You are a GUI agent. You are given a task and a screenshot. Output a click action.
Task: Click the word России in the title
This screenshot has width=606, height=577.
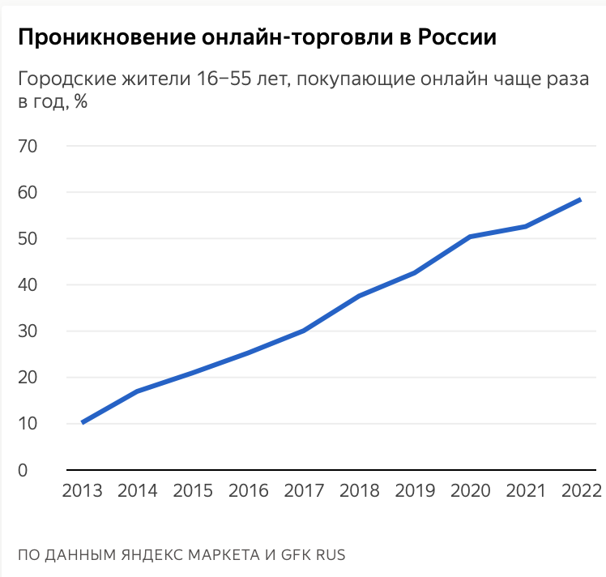point(456,37)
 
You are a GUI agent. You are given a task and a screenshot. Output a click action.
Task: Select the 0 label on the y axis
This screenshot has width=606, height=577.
point(23,470)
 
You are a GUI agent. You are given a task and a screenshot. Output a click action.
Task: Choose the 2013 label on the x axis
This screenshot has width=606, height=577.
point(83,491)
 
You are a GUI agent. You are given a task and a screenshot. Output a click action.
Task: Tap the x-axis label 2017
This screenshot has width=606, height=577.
point(304,491)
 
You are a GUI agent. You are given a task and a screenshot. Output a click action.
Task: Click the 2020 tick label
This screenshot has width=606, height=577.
point(470,491)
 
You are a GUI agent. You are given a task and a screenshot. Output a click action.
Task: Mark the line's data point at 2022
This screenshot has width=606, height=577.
point(580,199)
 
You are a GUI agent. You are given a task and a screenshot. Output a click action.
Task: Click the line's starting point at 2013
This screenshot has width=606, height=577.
point(83,422)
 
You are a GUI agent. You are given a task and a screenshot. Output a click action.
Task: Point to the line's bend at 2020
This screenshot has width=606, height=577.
point(470,237)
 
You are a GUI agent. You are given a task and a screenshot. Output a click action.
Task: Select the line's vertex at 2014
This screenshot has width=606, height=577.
point(138,391)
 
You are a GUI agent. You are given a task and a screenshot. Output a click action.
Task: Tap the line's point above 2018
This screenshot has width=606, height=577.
point(359,296)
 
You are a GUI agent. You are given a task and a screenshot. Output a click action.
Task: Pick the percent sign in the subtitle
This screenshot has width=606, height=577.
point(80,103)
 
